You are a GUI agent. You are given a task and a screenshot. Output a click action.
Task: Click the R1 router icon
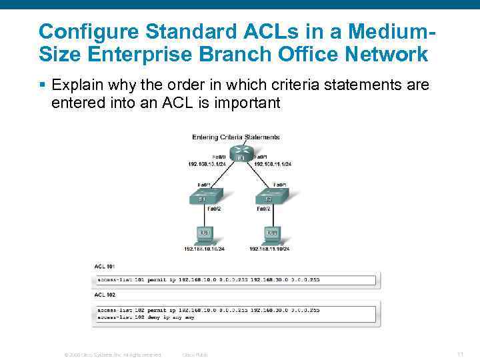pyautogui.click(x=237, y=154)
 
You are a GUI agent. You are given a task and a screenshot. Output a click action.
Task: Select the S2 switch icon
pyautogui.click(x=273, y=198)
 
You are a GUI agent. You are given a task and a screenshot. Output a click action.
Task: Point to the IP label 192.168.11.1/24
pyautogui.click(x=272, y=163)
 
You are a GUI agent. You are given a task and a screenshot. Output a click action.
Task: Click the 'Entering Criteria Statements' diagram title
pyautogui.click(x=235, y=137)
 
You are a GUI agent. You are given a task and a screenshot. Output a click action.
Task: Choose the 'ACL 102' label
pyautogui.click(x=105, y=295)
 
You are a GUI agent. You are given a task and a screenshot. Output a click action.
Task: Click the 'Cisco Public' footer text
pyautogui.click(x=195, y=355)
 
